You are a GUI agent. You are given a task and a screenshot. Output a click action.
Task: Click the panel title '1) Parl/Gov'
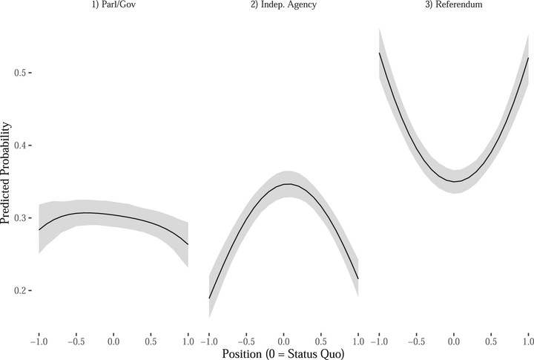113,5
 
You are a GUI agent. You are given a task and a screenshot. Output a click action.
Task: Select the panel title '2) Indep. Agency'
284,5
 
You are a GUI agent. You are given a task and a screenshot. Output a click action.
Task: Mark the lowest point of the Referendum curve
455,181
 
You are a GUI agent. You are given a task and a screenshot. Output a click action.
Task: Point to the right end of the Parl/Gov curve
188,244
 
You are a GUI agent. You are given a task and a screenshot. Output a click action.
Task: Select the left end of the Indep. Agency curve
209,298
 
